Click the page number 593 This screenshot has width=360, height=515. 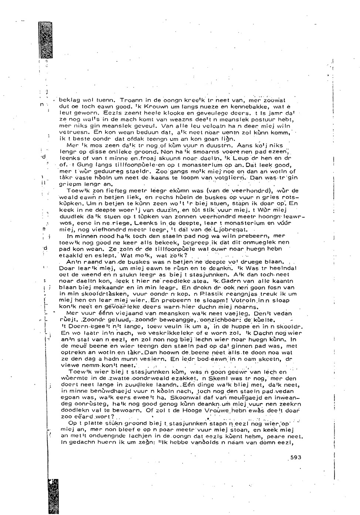pos(296,458)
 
